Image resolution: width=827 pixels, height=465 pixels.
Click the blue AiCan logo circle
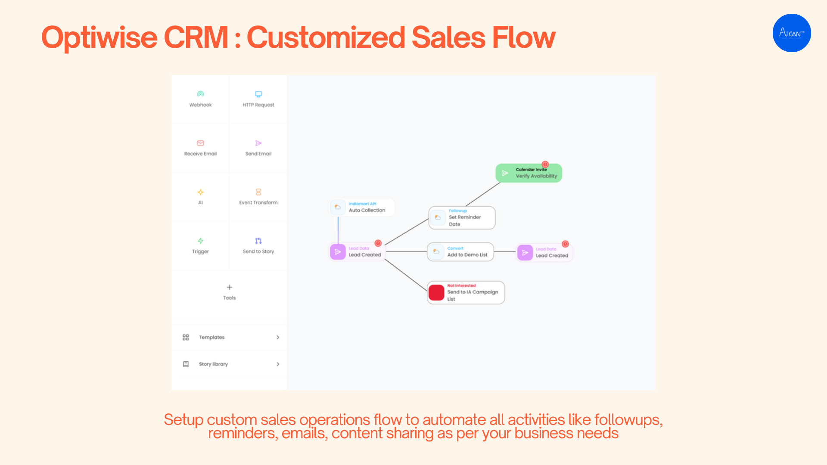(792, 33)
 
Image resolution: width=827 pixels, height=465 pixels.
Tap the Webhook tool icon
(200, 94)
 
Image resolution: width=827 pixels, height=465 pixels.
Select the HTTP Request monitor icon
(258, 94)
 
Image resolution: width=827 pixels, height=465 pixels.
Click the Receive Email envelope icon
(200, 143)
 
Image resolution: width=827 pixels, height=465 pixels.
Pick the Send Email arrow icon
(258, 143)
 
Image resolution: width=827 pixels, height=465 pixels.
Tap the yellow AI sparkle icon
(200, 192)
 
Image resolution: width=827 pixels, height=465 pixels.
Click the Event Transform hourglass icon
(258, 192)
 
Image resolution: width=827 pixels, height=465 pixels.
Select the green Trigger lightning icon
(200, 241)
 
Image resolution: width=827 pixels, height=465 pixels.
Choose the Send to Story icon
(258, 241)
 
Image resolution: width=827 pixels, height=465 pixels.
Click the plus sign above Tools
(230, 287)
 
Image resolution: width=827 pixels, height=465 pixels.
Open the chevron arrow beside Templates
(278, 338)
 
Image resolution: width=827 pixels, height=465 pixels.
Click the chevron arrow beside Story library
(278, 364)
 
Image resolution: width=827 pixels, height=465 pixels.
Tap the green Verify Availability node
(529, 173)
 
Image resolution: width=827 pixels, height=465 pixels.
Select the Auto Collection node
(362, 208)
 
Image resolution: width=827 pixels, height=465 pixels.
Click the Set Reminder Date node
(462, 218)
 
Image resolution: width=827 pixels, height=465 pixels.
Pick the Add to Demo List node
(460, 252)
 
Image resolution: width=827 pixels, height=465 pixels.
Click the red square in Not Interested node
(436, 293)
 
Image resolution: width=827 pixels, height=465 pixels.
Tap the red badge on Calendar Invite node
(545, 164)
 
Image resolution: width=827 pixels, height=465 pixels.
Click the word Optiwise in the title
(99, 37)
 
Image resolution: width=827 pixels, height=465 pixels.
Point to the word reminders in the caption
(243, 434)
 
